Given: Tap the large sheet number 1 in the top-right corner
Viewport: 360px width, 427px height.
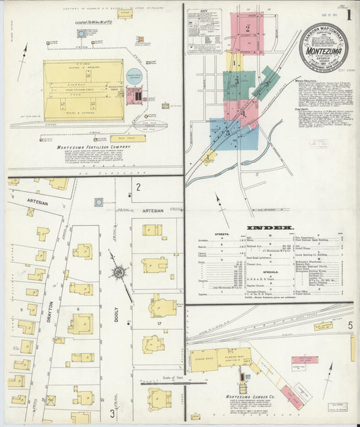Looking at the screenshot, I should [x=348, y=14].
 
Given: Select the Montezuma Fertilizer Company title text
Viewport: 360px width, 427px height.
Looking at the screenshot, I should [x=94, y=147].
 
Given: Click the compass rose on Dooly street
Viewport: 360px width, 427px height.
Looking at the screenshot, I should [x=120, y=272].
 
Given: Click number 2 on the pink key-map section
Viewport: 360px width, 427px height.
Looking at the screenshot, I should [x=249, y=28].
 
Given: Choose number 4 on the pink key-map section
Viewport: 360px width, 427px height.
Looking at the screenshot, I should [x=242, y=112].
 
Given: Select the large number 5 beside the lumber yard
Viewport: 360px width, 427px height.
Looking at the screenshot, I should [x=350, y=325].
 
